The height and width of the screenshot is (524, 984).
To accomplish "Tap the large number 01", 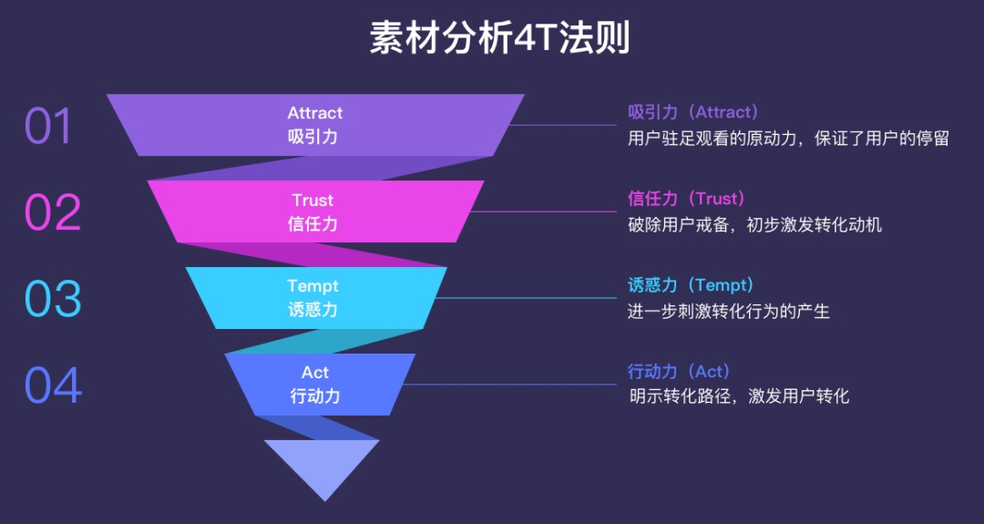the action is click(48, 126).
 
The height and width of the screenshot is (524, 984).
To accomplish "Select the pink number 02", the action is click(53, 212).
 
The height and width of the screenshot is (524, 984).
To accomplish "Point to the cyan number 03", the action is click(53, 299).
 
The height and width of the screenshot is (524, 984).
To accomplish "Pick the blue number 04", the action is click(54, 385).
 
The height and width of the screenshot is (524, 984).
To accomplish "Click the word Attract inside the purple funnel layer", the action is click(315, 113).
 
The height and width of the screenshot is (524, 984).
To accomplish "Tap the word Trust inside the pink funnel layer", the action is click(313, 200).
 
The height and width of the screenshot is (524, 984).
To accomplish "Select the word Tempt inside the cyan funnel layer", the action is click(313, 286).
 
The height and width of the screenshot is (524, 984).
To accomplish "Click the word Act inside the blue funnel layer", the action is click(315, 372).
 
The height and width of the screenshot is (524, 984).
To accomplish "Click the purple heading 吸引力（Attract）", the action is click(693, 112).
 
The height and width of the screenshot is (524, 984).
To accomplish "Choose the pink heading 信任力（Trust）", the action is click(687, 199).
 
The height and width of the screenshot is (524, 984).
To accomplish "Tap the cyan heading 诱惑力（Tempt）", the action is click(691, 285).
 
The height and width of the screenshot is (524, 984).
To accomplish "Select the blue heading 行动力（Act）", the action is click(680, 372).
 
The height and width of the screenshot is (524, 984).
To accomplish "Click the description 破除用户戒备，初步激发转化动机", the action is click(755, 225).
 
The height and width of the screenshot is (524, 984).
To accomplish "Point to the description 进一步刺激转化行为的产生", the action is click(729, 311).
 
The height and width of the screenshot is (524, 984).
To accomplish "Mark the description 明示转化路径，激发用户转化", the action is click(739, 396).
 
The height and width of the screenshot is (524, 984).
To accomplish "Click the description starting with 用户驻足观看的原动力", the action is click(788, 138).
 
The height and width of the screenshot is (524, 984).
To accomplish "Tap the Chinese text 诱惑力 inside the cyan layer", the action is click(313, 310).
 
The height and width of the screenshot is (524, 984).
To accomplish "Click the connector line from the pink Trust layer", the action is click(543, 211).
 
